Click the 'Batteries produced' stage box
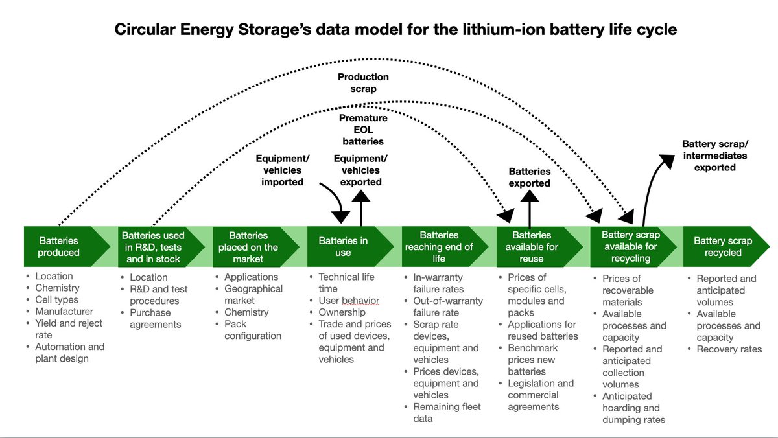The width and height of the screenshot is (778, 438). [x=59, y=247]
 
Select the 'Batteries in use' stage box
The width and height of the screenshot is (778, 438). [x=344, y=247]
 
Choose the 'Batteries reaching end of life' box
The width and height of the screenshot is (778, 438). [x=439, y=247]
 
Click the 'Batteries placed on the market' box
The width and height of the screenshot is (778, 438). [x=248, y=247]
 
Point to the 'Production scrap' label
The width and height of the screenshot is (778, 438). [x=363, y=83]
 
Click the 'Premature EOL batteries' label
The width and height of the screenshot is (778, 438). [x=363, y=130]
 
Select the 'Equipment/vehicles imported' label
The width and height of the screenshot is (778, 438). [x=283, y=170]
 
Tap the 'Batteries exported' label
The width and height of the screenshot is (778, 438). [x=530, y=177]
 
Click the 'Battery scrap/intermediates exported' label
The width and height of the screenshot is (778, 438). [x=714, y=156]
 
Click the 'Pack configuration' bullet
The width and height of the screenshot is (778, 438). [x=253, y=330]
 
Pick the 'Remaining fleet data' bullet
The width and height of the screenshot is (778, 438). [x=438, y=413]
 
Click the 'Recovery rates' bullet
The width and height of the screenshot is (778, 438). [x=729, y=349]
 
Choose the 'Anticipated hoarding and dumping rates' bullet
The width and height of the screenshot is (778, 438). [x=633, y=408]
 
